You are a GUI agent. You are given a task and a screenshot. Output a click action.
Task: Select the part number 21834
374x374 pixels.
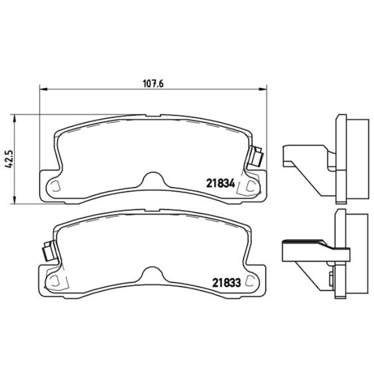pos(219,184)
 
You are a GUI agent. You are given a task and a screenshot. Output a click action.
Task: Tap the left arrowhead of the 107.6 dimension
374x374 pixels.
pos(41,89)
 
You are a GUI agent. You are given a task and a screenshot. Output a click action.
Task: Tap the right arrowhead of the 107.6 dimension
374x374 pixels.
pos(265,89)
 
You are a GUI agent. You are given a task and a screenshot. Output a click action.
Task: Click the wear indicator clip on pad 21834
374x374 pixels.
pos(257,156)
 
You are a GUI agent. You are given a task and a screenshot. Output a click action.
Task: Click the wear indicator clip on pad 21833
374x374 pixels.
pos(48,252)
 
